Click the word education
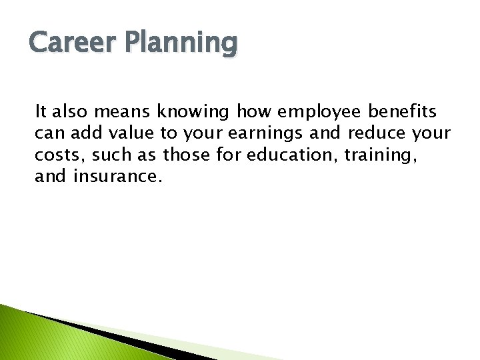point(289,156)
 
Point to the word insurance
point(118,178)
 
